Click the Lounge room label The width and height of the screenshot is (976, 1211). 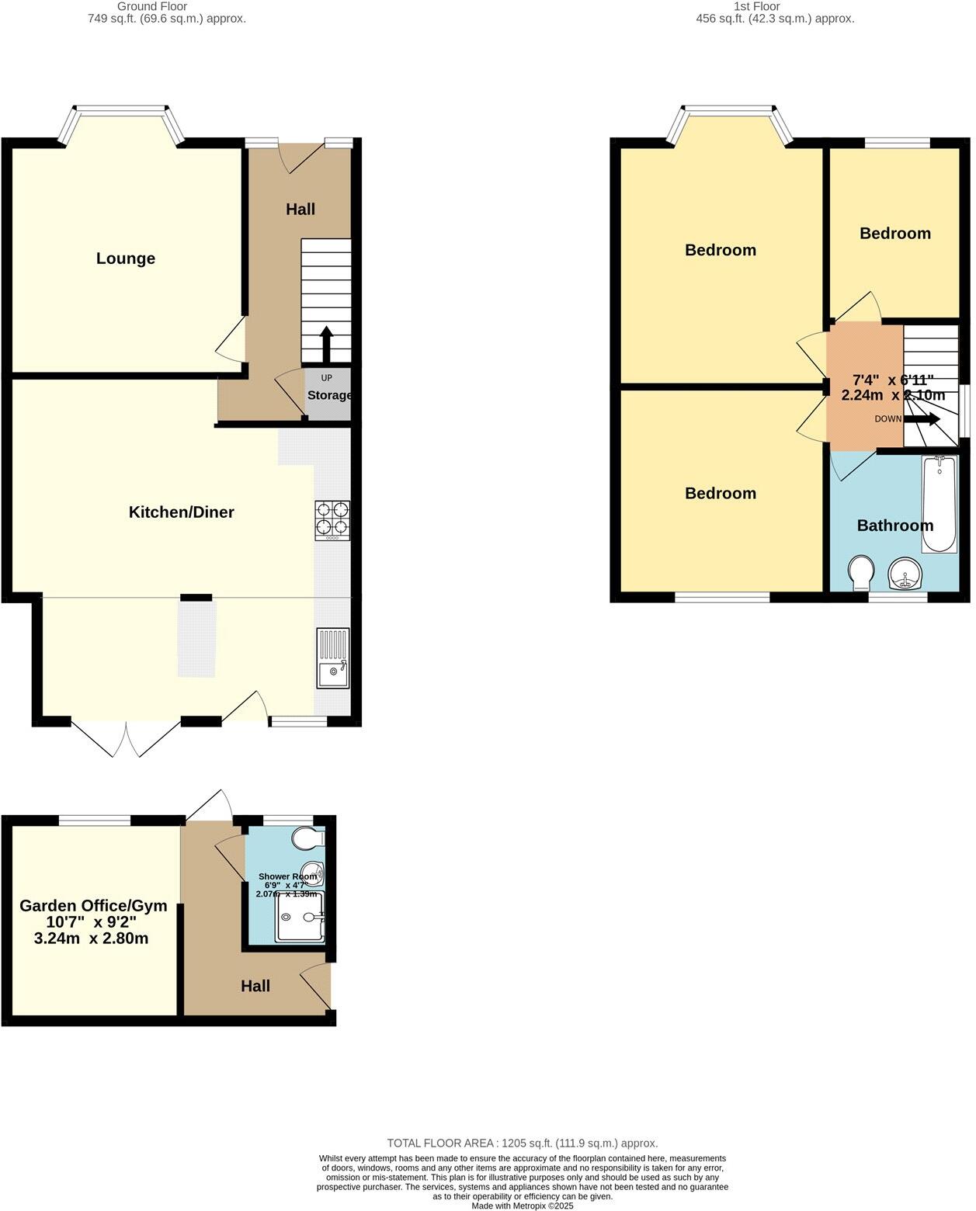click(x=126, y=259)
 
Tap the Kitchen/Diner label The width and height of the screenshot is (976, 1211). click(x=181, y=512)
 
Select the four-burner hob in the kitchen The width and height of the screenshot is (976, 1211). click(x=332, y=520)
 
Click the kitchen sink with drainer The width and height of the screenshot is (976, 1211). click(x=332, y=658)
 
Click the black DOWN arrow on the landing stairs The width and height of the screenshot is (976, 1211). click(x=922, y=419)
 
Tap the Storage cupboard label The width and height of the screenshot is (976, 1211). click(x=329, y=395)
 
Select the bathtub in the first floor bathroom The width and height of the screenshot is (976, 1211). click(x=940, y=504)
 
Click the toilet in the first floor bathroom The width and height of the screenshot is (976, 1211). click(x=860, y=573)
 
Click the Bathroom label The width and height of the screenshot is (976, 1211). click(x=894, y=526)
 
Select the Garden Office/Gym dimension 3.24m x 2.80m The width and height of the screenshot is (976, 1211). click(x=92, y=939)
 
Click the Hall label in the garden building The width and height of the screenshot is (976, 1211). click(x=255, y=986)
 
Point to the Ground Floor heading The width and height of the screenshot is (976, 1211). click(x=152, y=6)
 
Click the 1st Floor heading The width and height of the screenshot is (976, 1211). click(x=756, y=6)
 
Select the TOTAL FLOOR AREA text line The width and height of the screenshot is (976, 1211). click(x=523, y=1143)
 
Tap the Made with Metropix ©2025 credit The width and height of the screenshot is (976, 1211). click(x=523, y=1206)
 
